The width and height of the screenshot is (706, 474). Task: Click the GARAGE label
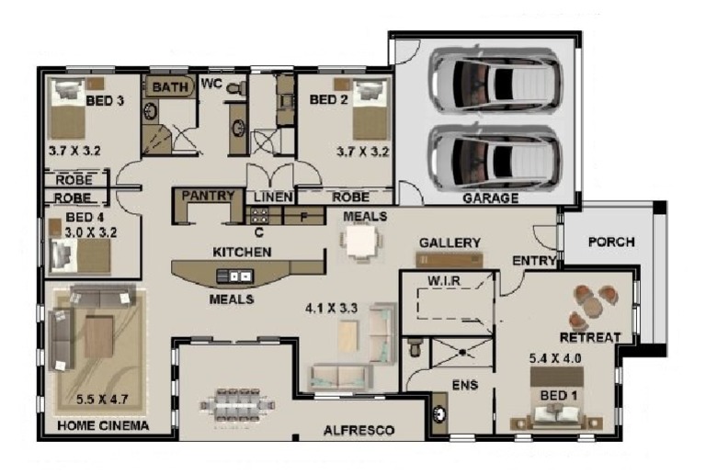pos(490,198)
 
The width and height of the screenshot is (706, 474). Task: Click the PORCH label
pos(611,243)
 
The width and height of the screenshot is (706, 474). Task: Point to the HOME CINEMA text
pos(103,426)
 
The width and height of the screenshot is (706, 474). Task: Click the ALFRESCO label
pos(359,430)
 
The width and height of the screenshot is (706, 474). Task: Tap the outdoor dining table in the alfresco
pos(238,405)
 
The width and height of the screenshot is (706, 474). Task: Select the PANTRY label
pos(210,196)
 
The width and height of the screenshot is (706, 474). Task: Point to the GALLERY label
pos(450,243)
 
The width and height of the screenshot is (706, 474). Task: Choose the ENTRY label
pos(534,261)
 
